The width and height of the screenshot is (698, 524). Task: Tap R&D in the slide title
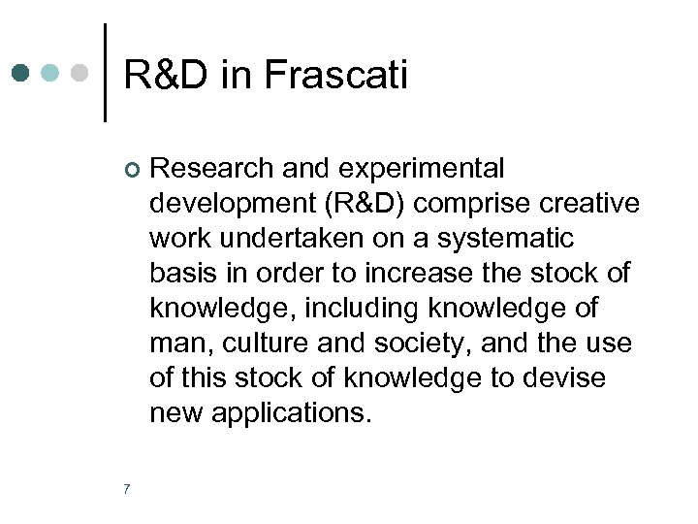click(166, 75)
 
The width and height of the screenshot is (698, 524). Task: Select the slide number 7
click(127, 488)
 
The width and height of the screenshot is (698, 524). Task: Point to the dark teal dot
click(21, 73)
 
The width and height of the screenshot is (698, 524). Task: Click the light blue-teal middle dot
click(52, 73)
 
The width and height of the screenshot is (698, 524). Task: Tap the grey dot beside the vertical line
click(82, 73)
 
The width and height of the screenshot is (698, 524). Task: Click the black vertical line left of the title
click(105, 73)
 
